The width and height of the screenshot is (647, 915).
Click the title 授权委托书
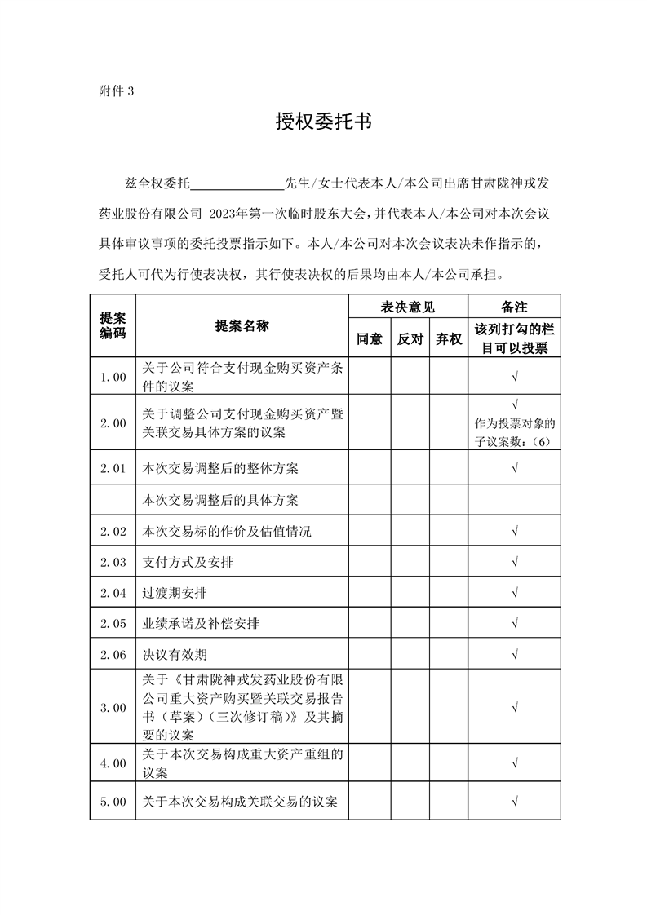(323, 122)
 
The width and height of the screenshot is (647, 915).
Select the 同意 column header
(370, 339)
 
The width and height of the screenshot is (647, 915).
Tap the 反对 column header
(410, 339)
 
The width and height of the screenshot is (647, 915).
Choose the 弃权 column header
(449, 339)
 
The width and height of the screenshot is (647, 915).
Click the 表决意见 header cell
(408, 307)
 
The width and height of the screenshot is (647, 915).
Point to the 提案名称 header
(242, 326)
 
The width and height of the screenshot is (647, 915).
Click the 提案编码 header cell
(113, 326)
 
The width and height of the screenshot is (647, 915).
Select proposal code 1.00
(113, 377)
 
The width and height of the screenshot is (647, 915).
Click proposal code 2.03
(113, 562)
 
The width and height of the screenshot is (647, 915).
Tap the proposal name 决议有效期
(170, 655)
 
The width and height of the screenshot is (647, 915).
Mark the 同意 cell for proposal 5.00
(370, 802)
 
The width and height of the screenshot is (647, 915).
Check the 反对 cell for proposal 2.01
(410, 468)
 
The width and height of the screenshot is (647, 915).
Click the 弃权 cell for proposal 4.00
(449, 763)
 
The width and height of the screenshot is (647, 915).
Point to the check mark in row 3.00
(514, 708)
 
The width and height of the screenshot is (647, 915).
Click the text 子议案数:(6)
(514, 440)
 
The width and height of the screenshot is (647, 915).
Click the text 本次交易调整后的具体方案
(220, 500)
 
